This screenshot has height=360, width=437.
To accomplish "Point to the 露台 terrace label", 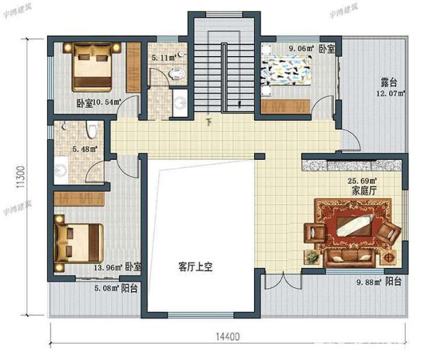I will [x=390, y=83].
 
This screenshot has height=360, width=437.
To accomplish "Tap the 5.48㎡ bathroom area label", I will [x=84, y=148].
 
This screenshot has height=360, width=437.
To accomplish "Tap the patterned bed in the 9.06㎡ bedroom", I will [x=287, y=74].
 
